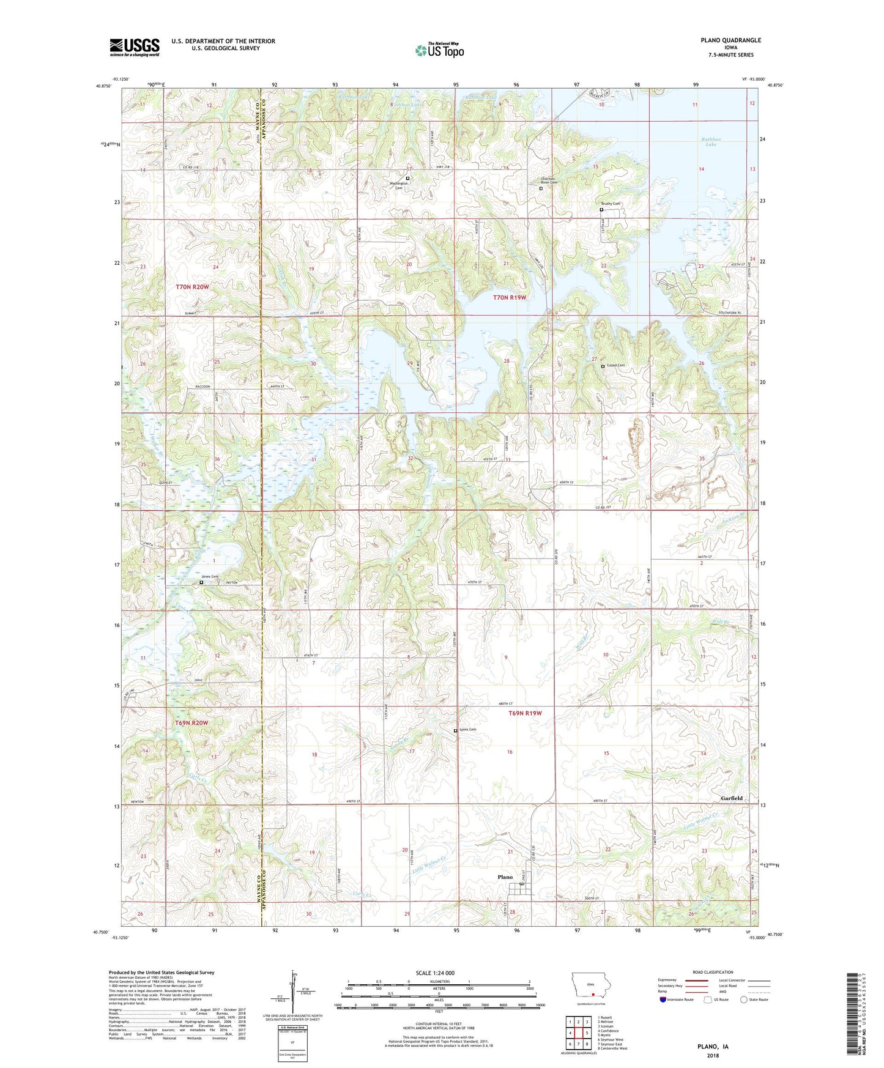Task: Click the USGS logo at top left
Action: [135, 47]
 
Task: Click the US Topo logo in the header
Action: [439, 50]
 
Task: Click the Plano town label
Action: [505, 877]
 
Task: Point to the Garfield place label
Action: [731, 798]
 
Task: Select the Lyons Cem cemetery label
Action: [468, 730]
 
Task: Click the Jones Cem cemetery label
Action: [210, 577]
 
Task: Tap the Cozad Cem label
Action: [615, 366]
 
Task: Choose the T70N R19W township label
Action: [510, 298]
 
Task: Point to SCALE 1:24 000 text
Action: [435, 973]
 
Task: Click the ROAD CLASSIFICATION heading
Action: [713, 972]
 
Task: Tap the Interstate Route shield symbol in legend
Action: [664, 1000]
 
